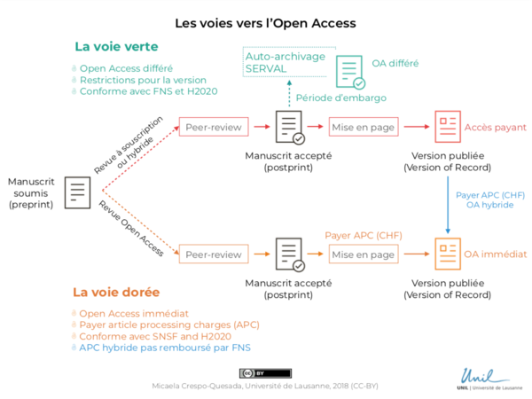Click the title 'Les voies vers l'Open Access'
(x=265, y=21)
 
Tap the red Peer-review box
(x=213, y=128)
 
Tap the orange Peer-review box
(x=213, y=254)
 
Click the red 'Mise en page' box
(x=363, y=128)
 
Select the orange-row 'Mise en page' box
(x=363, y=254)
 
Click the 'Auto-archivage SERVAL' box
(x=285, y=62)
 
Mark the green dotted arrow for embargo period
(x=289, y=94)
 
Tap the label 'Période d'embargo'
(x=334, y=98)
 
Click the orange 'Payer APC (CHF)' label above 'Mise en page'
(x=363, y=235)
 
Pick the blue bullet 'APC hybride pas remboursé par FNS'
(x=164, y=348)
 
